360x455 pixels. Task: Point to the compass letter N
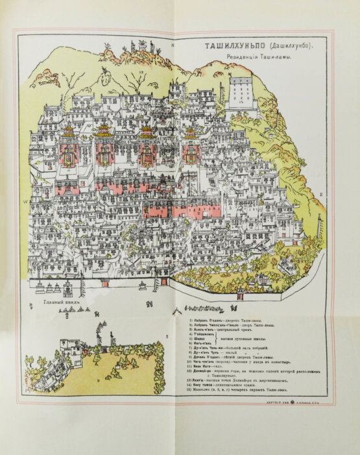point(173,46)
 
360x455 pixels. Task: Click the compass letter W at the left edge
point(25,202)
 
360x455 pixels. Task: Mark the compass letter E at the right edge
point(322,195)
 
